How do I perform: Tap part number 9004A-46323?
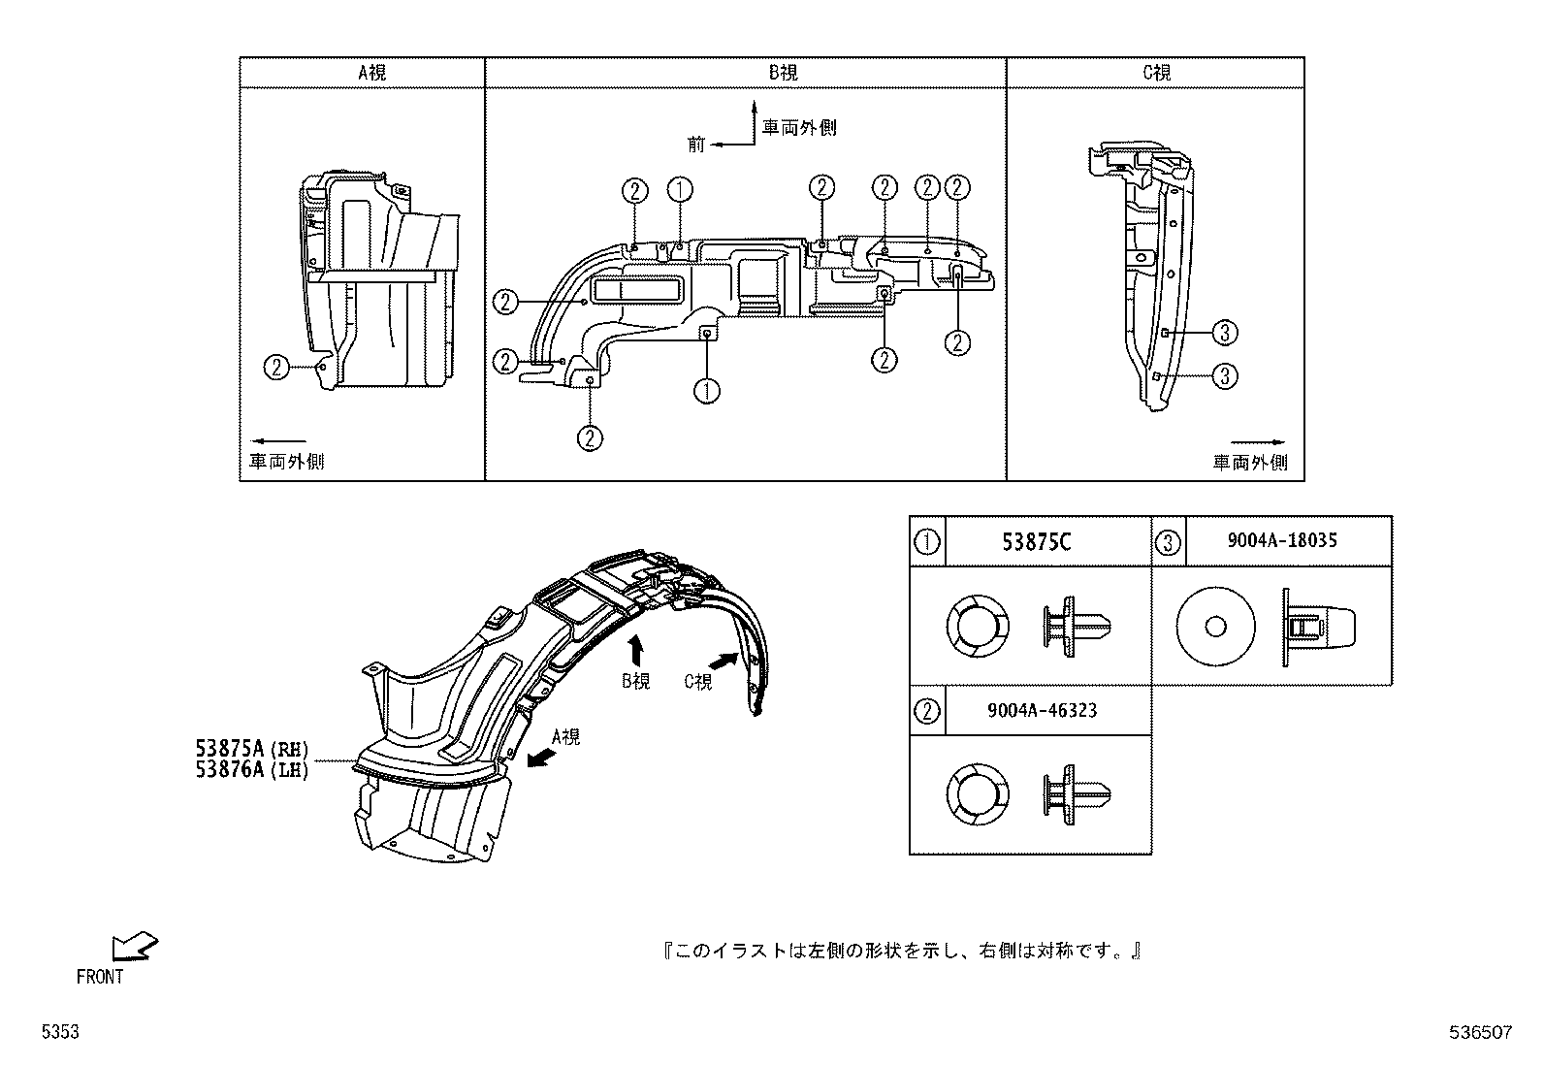click(1042, 710)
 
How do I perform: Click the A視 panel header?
click(372, 73)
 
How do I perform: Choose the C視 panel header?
click(1156, 73)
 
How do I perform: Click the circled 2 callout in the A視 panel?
click(277, 367)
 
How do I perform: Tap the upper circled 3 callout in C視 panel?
click(1226, 333)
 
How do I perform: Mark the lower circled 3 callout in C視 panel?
click(1226, 375)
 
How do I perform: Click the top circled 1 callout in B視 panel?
click(680, 189)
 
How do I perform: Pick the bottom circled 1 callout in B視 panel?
click(706, 391)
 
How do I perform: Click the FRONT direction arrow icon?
click(134, 946)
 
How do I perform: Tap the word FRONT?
click(100, 977)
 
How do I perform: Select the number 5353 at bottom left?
click(59, 1034)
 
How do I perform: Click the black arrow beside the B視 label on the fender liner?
click(636, 650)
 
